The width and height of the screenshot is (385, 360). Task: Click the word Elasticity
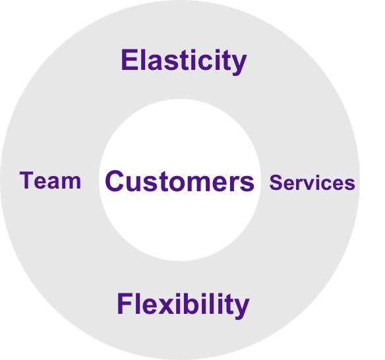coord(184,61)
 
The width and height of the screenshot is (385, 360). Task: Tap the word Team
coord(50,181)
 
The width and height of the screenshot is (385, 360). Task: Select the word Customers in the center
coord(180,181)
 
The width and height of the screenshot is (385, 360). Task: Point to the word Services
coord(312,183)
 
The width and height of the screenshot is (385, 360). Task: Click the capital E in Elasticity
coord(129,60)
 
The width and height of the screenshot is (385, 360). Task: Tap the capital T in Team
coord(26,180)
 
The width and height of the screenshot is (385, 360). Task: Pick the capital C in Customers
coord(114,181)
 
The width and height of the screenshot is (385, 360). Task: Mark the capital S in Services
coord(276,183)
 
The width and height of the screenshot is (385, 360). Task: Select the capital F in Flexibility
coord(125,303)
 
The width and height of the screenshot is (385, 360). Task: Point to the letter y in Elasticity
coord(238,65)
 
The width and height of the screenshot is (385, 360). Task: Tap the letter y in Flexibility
coord(241,309)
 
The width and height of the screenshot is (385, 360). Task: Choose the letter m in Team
coord(71,183)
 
